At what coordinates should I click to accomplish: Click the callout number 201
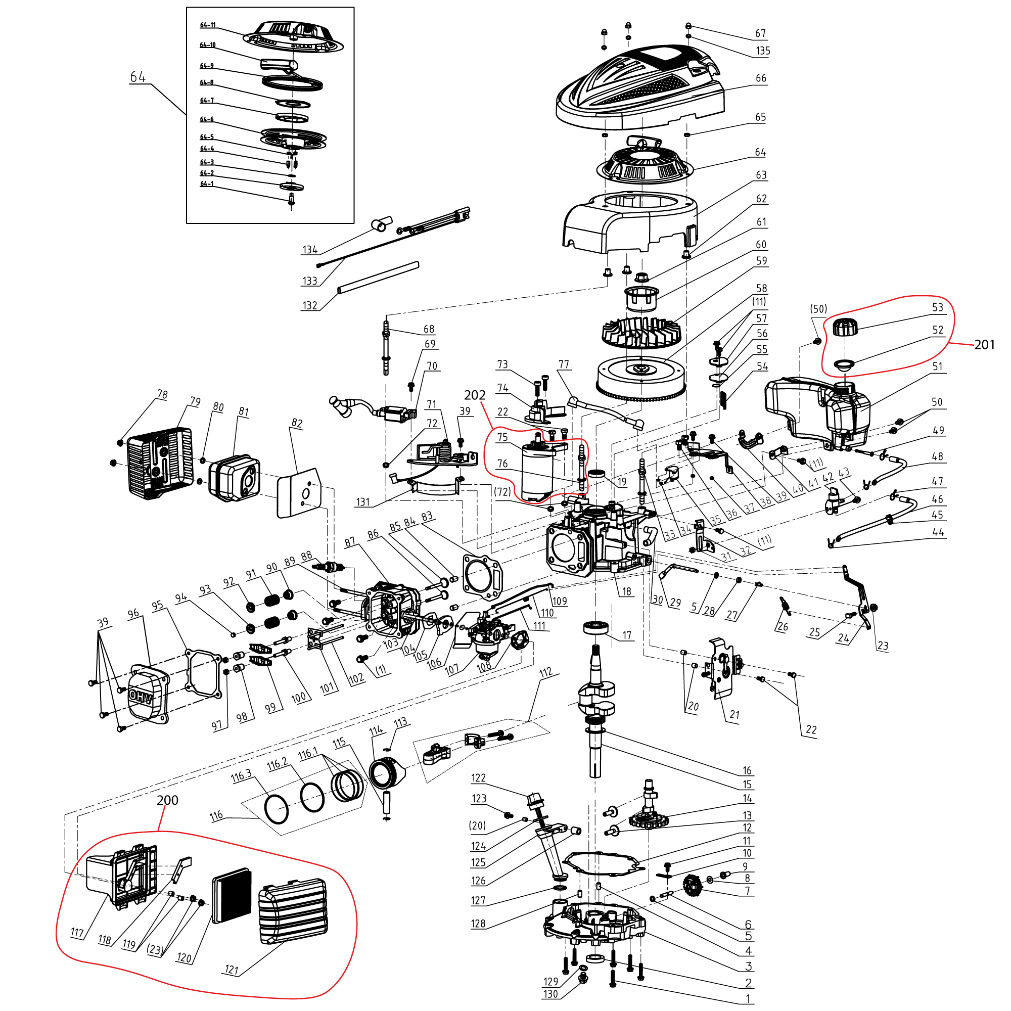[984, 345]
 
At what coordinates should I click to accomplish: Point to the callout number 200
[167, 800]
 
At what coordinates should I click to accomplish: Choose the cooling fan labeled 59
[640, 332]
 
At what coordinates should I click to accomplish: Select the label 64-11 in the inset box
[208, 25]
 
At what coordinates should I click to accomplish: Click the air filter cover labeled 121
[293, 910]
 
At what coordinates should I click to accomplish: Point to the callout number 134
[310, 250]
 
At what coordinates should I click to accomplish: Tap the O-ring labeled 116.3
[277, 809]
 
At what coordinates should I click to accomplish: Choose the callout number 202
[475, 396]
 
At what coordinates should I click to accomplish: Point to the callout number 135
[762, 51]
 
